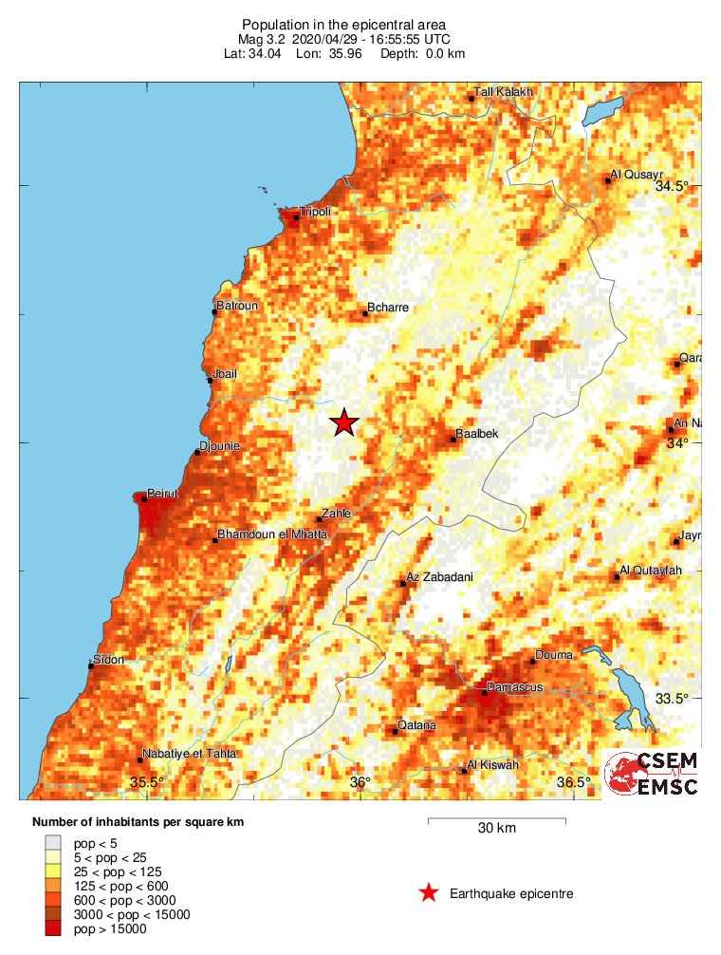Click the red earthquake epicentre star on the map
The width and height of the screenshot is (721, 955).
click(x=344, y=423)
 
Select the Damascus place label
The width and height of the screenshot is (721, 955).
click(x=513, y=686)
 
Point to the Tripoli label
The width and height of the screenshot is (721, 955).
click(x=315, y=212)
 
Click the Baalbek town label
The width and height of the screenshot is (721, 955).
click(x=477, y=434)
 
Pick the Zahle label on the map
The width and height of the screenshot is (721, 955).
click(x=336, y=514)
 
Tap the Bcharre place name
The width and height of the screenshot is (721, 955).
click(x=387, y=309)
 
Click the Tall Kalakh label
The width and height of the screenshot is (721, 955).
click(x=504, y=92)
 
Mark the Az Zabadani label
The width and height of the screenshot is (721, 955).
click(x=438, y=577)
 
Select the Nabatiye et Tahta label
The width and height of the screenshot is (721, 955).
click(x=189, y=754)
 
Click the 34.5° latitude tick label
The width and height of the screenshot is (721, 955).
click(x=673, y=187)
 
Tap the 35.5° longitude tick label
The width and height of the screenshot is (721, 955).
click(x=147, y=782)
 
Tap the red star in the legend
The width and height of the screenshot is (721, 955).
click(x=429, y=892)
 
